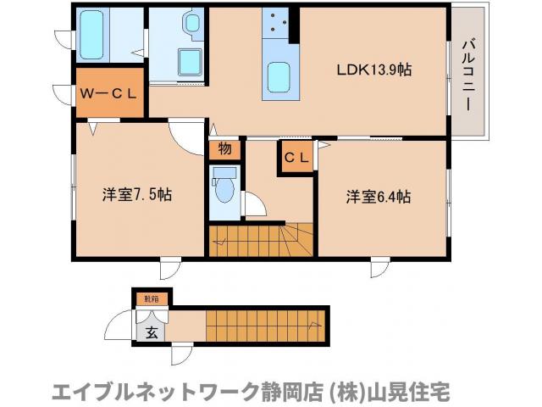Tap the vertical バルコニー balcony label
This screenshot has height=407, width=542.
(x=467, y=74)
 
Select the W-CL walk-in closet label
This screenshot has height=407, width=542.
(x=108, y=93)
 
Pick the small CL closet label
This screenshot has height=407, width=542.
(x=296, y=157)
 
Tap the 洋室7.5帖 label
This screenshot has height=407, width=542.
(x=138, y=195)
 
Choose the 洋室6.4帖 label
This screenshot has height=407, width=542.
(x=378, y=197)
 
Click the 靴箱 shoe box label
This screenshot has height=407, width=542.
(x=152, y=298)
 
